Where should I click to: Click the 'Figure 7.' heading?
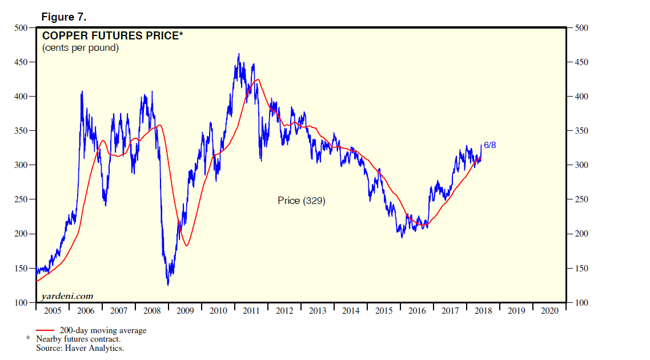tap(65, 17)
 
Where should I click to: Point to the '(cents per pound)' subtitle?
tap(81, 48)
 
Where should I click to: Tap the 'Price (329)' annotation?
tap(301, 201)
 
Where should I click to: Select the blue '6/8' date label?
tap(490, 145)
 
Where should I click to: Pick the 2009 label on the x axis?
tap(185, 311)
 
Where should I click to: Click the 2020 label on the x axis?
tap(549, 311)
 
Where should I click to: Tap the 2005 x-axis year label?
tap(53, 311)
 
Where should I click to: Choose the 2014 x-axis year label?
tap(351, 311)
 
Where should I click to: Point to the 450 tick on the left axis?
tap(21, 62)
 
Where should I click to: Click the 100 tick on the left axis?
tap(21, 303)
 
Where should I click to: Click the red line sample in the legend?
tap(45, 330)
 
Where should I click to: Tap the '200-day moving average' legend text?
tap(103, 330)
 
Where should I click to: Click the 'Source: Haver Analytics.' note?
tap(80, 347)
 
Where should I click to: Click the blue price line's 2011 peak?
tap(239, 54)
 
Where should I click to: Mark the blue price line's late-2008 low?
tap(168, 285)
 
